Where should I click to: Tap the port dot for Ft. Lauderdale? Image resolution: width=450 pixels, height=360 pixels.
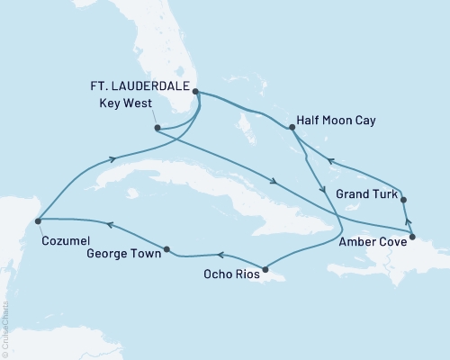tap(195, 92)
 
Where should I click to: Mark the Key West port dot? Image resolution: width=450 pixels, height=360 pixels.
tap(157, 128)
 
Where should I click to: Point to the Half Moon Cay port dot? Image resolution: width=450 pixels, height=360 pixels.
tap(292, 129)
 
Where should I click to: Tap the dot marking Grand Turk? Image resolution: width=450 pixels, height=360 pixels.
tap(403, 200)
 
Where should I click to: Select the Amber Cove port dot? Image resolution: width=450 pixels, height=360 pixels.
tap(412, 238)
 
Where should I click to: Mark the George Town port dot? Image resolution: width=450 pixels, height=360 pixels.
tap(167, 248)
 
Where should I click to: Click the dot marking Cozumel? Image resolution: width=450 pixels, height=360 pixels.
tap(37, 219)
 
